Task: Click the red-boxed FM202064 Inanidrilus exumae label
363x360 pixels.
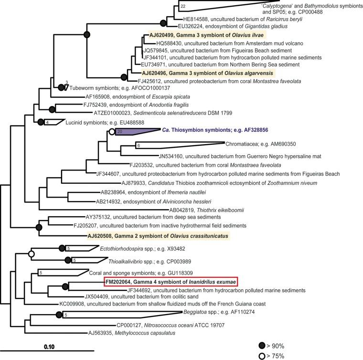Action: [x=171, y=282]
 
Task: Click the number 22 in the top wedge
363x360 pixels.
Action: [x=183, y=6]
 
